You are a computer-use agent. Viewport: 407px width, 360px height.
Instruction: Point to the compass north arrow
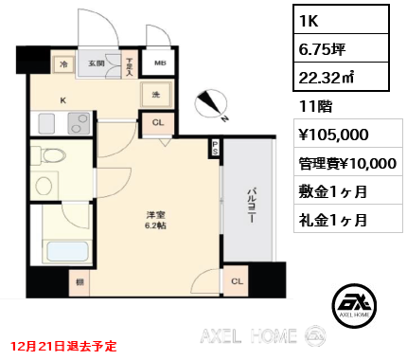click(x=213, y=103)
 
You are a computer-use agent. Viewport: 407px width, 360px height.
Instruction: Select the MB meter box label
click(x=160, y=63)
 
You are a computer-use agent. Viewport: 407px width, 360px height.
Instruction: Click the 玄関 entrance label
click(x=97, y=63)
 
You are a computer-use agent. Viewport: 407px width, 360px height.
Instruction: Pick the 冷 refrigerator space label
click(x=64, y=64)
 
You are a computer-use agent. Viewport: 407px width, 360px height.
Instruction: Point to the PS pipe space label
click(x=215, y=148)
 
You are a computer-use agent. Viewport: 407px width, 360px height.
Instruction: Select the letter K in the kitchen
click(x=63, y=98)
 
